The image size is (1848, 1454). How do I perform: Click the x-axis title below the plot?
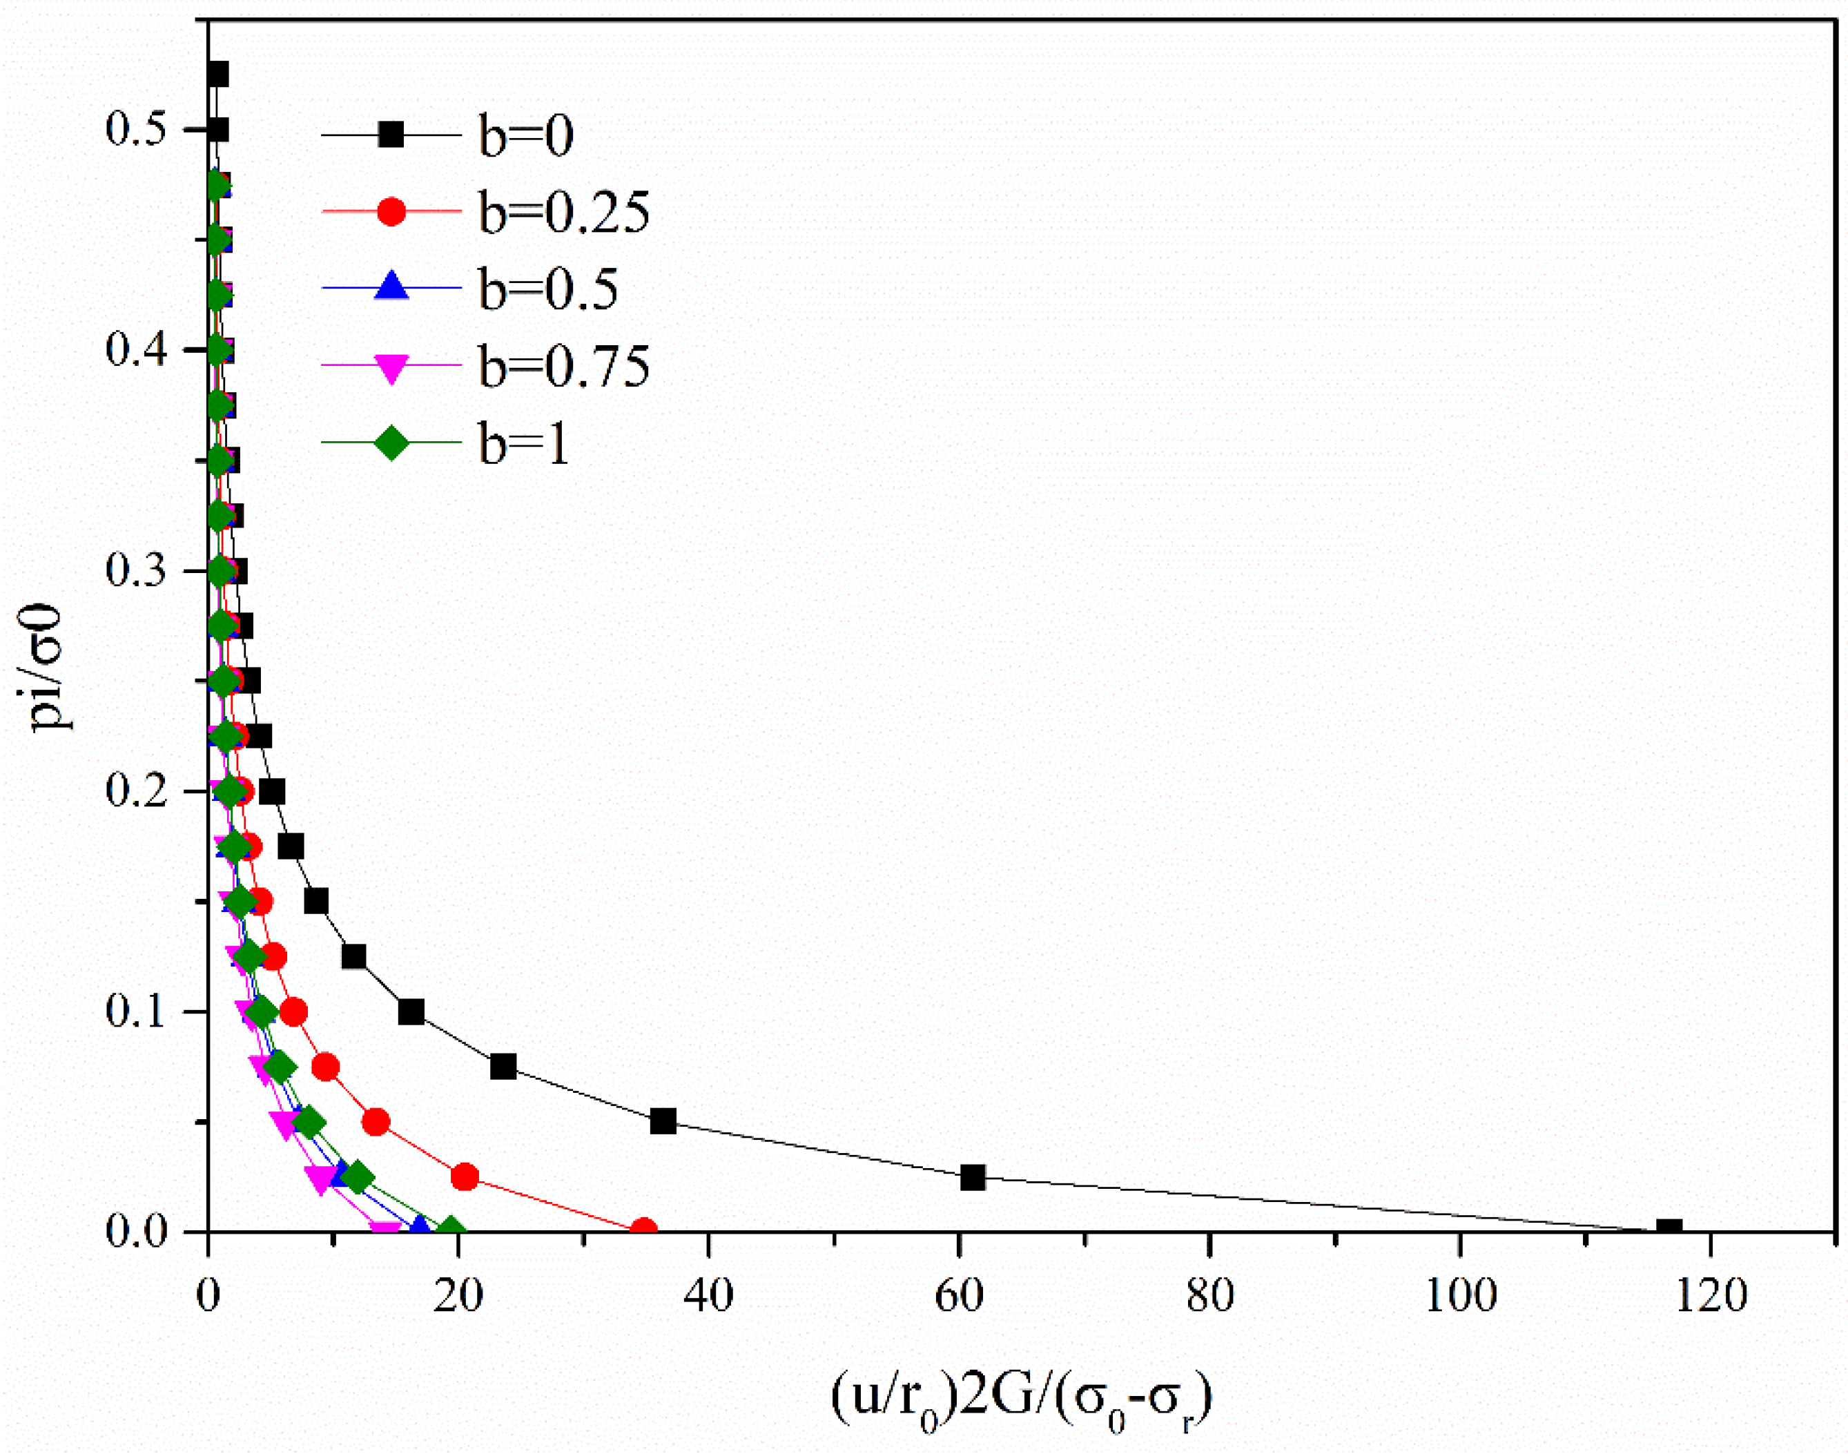[x=1022, y=1398]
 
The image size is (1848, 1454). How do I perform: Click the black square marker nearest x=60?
[x=972, y=1179]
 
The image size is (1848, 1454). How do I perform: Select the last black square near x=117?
[x=1669, y=1230]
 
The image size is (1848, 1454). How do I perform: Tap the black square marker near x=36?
[x=663, y=1122]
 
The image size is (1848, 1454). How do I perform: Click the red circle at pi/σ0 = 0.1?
[x=293, y=1013]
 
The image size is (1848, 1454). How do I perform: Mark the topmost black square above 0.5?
[x=218, y=75]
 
